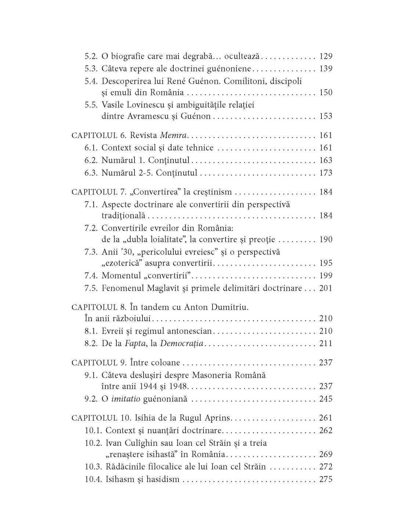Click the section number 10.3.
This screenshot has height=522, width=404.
pyautogui.click(x=93, y=467)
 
